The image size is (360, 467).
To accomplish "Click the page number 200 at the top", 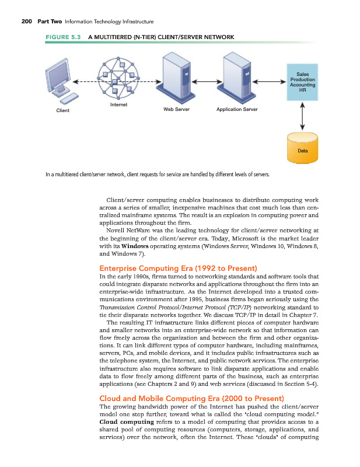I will click(x=23, y=22).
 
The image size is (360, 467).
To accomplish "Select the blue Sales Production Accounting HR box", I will click(x=302, y=82).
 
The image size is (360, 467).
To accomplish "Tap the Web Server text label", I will click(x=176, y=109).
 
